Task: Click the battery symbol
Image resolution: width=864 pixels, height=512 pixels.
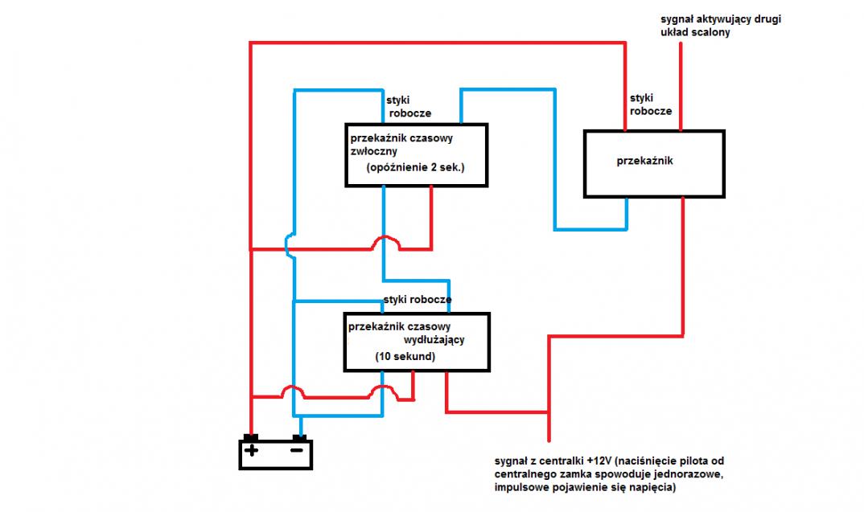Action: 275,453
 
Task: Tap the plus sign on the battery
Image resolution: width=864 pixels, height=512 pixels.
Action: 251,451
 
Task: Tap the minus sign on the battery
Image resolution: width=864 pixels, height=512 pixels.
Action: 298,451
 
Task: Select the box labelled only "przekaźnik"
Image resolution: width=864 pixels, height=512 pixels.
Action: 654,163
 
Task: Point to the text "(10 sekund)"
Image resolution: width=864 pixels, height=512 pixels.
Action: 405,356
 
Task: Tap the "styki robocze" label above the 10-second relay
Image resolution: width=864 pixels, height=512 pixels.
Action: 417,300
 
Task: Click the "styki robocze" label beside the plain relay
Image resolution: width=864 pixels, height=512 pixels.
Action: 650,104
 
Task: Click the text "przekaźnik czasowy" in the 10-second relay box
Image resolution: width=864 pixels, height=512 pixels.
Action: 400,326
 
